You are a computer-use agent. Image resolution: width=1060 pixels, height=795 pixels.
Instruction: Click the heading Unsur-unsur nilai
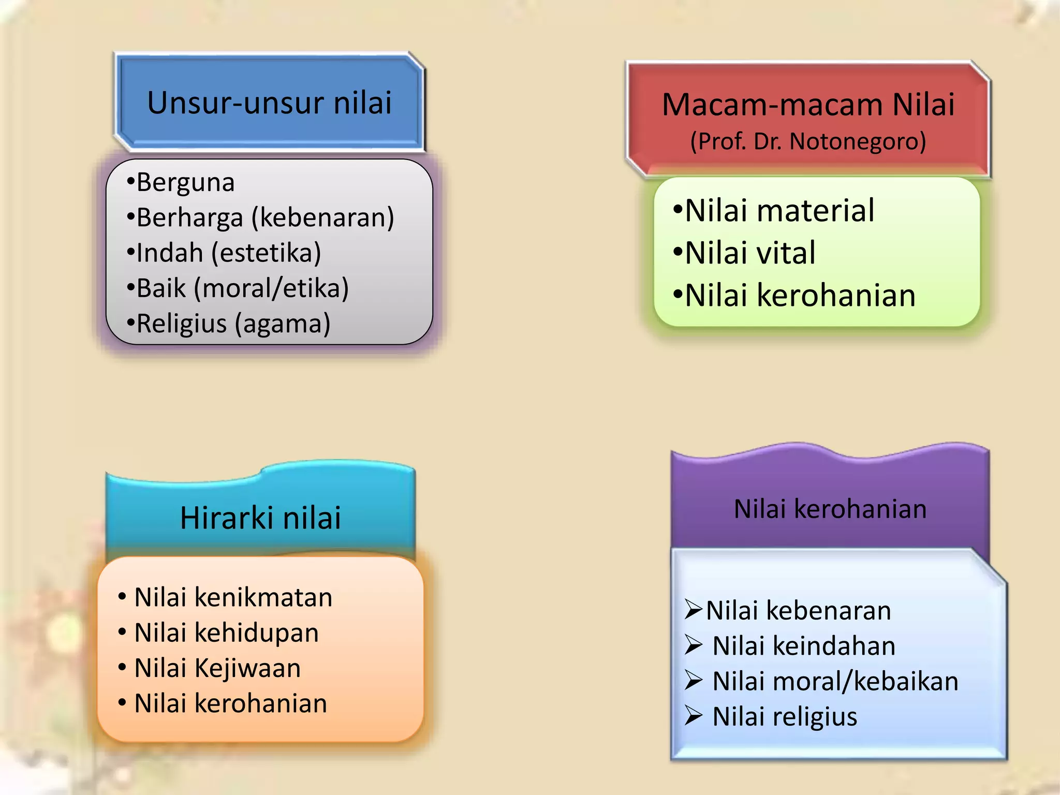coord(269,102)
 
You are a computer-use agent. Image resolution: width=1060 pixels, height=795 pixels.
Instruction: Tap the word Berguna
coord(185,183)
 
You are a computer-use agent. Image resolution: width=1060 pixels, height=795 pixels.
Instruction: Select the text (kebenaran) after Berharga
coord(323,218)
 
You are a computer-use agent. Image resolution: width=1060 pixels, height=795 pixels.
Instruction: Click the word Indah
coord(170,253)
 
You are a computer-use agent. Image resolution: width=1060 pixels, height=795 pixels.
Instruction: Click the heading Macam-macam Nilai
coord(808,105)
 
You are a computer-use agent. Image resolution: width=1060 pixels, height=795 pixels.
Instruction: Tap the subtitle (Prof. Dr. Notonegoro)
coord(808,141)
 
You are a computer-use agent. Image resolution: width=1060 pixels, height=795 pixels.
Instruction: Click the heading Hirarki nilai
coord(260,518)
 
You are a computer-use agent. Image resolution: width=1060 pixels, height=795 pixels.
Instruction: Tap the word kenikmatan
coord(263,597)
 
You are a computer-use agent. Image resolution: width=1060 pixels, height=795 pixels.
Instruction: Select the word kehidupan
coord(256,633)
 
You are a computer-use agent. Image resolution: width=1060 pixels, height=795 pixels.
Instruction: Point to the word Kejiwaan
coord(247,668)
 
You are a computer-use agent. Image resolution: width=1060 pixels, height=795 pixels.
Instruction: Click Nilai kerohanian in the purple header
coord(830,509)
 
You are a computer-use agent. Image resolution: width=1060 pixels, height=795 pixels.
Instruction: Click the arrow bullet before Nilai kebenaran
coord(693,609)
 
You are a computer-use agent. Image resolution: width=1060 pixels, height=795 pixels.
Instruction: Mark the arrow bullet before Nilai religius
coord(693,716)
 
